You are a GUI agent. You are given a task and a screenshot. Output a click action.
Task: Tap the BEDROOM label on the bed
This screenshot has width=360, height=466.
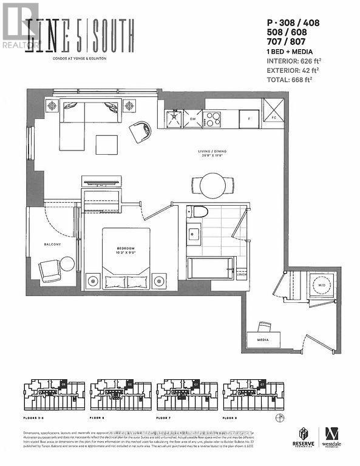click(x=126, y=248)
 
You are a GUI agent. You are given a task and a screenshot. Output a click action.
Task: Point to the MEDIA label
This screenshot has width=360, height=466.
click(x=262, y=340)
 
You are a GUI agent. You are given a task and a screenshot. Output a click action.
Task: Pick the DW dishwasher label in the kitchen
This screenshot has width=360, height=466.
click(x=193, y=119)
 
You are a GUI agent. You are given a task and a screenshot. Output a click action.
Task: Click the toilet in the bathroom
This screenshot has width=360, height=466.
click(x=197, y=212)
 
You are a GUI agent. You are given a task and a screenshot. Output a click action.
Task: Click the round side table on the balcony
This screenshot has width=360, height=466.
click(x=67, y=263)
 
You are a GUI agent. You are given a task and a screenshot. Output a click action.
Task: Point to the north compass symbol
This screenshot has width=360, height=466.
click(x=279, y=417)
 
